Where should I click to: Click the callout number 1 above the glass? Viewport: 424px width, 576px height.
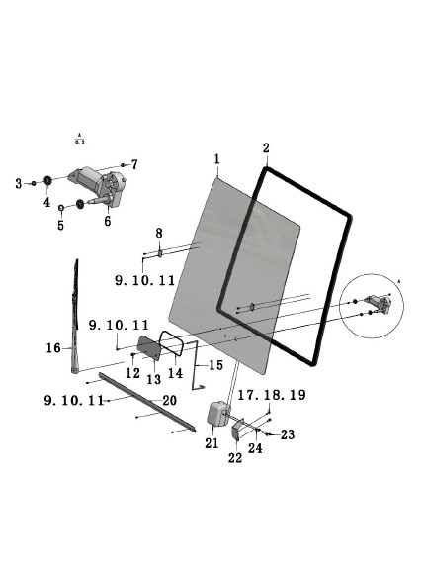[x=216, y=159]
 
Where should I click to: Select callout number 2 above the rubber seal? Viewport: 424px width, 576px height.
[x=265, y=148]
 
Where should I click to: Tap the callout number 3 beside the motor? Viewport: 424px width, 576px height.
[x=18, y=183]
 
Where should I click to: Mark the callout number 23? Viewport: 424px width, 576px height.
[x=288, y=433]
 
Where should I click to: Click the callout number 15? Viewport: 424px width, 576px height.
[x=215, y=366]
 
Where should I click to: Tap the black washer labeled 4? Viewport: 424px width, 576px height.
[x=46, y=181]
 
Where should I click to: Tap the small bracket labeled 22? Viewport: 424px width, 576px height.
[x=238, y=429]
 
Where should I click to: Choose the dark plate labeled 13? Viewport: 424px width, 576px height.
[x=149, y=346]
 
